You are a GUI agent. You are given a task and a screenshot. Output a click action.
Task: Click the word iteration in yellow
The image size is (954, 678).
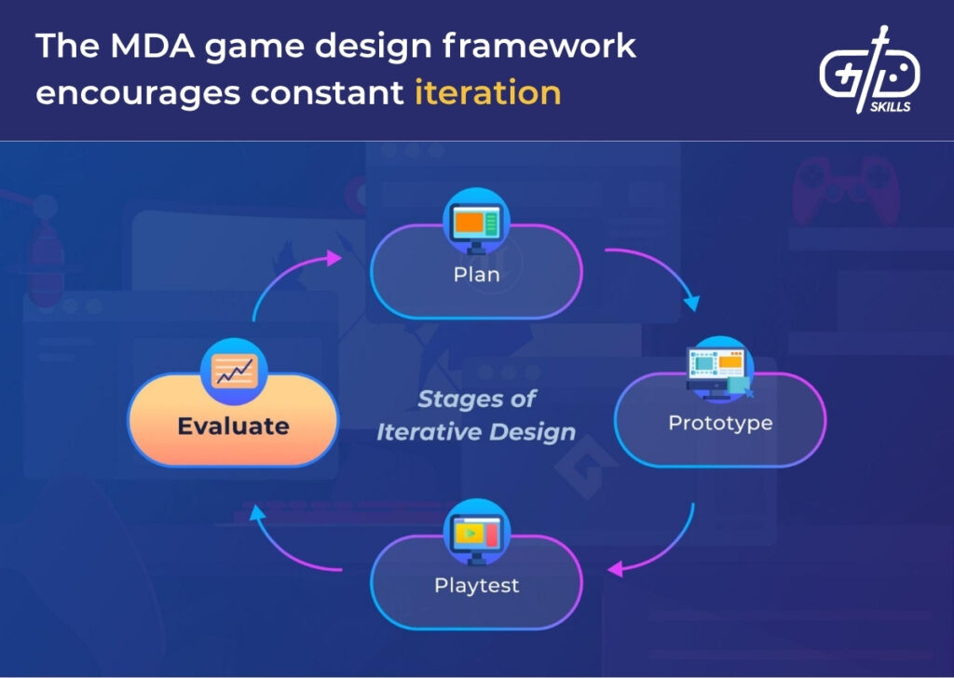pos(487,92)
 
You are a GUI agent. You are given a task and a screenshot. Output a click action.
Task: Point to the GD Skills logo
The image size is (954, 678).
pos(868,70)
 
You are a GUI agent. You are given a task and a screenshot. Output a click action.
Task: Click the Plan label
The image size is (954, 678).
pos(476,275)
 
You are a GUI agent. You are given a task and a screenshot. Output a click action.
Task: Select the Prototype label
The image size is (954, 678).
pos(720,423)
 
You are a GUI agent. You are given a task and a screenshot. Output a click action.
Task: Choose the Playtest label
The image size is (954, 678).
pos(476,586)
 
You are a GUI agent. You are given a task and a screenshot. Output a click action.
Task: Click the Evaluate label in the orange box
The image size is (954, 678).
pos(234,427)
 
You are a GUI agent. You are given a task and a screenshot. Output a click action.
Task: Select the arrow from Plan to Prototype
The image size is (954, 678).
pos(658,270)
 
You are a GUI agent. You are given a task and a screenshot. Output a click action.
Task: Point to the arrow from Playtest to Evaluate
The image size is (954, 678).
pos(289,549)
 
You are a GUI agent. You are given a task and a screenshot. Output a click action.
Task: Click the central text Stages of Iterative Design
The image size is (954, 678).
pos(476,415)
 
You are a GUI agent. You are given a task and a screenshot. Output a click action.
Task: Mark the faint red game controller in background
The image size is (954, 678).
pos(843,191)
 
